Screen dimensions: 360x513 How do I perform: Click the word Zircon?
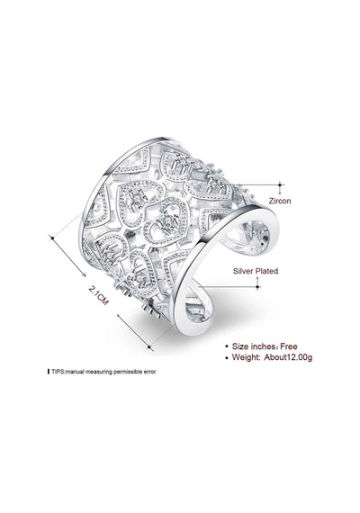[x=280, y=201]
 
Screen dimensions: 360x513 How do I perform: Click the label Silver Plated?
[x=256, y=271]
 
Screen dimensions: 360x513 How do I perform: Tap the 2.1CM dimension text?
[x=99, y=295]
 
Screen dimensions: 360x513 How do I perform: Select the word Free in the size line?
[x=289, y=346]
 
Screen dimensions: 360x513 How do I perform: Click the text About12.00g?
[x=288, y=357]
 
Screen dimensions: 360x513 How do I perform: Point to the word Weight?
[x=246, y=357]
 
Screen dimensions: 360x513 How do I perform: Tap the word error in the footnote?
[x=150, y=372]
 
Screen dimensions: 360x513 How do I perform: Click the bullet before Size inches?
[x=227, y=346]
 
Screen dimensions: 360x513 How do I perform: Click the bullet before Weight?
[x=227, y=357]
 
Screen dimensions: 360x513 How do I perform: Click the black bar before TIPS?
[x=49, y=372]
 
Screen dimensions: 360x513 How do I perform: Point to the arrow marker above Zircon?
[x=280, y=185]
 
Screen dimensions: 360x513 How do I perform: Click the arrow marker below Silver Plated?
[x=258, y=283]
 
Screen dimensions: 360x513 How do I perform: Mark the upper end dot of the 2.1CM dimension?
[x=51, y=238]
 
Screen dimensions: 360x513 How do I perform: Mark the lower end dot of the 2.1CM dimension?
[x=149, y=346]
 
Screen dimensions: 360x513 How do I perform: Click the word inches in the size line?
[x=263, y=346]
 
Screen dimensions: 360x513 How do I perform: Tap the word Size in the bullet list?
[x=240, y=346]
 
